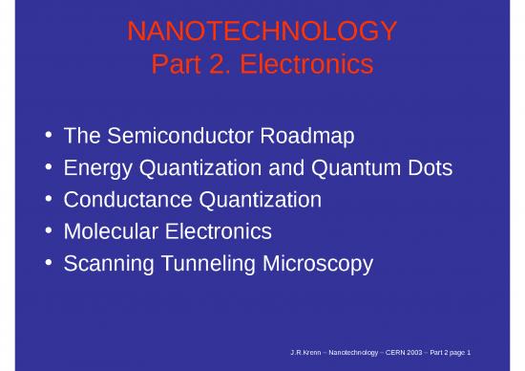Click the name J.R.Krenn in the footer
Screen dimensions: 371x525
point(305,353)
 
